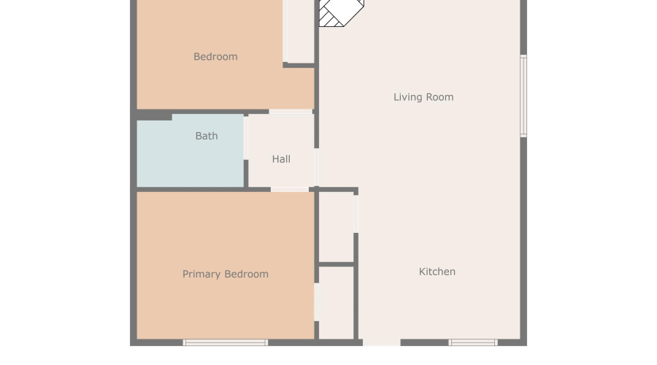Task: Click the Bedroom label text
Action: tap(215, 57)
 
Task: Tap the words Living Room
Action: tap(423, 97)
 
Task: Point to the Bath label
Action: tap(207, 136)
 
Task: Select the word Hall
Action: tap(281, 159)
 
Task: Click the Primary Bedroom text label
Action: tap(226, 274)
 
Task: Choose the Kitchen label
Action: tap(437, 272)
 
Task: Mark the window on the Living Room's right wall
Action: tap(523, 96)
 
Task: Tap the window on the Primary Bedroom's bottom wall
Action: tap(226, 342)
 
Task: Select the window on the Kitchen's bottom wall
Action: tap(473, 342)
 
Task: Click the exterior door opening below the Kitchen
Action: tap(382, 342)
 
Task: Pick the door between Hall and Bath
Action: tap(247, 138)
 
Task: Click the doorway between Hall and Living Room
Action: tap(316, 166)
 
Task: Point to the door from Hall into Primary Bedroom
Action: tap(290, 189)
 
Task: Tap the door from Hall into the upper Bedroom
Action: tap(291, 112)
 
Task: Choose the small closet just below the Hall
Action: tap(337, 227)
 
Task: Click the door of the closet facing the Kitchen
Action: tap(356, 213)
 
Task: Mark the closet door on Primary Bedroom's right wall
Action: tap(317, 301)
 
